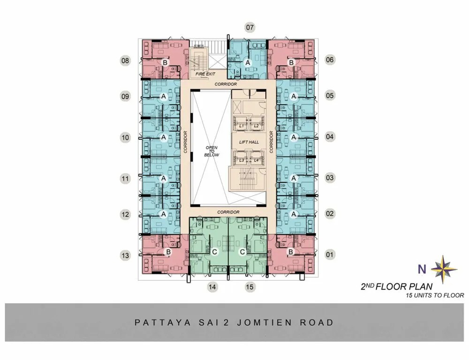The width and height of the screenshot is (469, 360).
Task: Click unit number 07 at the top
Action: click(x=250, y=28)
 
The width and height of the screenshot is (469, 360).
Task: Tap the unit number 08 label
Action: click(x=125, y=61)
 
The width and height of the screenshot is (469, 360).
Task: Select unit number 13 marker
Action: click(x=125, y=255)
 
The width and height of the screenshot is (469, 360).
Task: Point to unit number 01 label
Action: click(x=330, y=255)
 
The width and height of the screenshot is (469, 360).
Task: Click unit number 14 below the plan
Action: click(x=212, y=287)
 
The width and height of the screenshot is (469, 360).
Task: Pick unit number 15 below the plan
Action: click(x=250, y=287)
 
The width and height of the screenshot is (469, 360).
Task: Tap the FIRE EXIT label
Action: click(x=205, y=74)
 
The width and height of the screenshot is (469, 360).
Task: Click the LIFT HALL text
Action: click(x=249, y=142)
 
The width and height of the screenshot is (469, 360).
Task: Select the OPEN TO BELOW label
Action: click(x=212, y=152)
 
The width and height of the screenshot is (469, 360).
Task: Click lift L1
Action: click(x=242, y=126)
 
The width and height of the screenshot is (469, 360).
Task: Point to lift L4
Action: click(x=257, y=161)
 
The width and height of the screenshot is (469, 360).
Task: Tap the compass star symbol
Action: click(x=444, y=269)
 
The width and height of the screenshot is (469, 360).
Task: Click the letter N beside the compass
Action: click(x=422, y=269)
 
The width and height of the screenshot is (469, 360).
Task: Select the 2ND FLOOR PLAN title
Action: click(x=397, y=287)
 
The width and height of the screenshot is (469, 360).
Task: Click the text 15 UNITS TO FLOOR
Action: click(x=435, y=295)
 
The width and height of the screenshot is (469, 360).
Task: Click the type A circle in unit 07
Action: click(x=248, y=63)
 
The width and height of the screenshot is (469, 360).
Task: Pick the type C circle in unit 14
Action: click(x=214, y=252)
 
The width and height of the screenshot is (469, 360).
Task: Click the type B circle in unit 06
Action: click(x=291, y=62)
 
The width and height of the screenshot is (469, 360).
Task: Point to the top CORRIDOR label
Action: click(x=226, y=84)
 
